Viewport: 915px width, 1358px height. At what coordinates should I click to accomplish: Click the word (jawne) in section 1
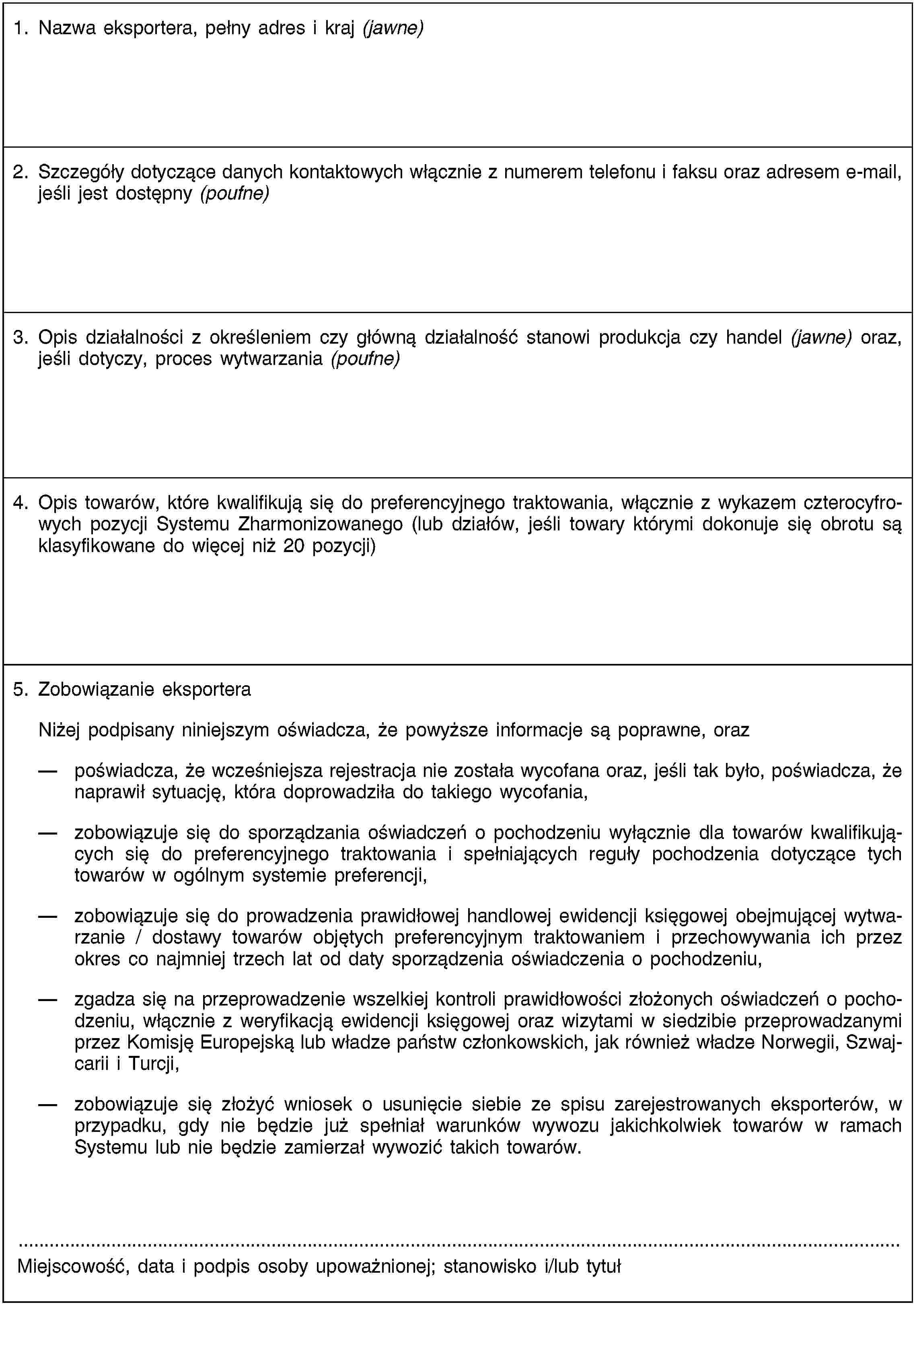[x=393, y=29]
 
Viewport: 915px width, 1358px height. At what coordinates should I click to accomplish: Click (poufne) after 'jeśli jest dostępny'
[x=234, y=194]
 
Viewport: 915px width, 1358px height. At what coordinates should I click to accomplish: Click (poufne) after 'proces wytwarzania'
[x=365, y=359]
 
